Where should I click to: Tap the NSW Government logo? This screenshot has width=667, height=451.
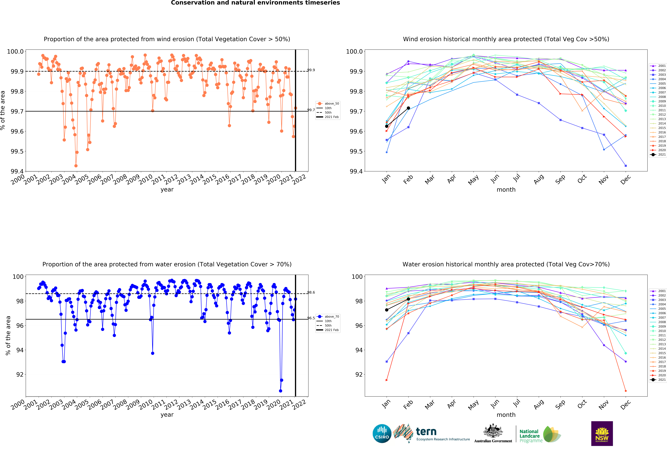(x=602, y=433)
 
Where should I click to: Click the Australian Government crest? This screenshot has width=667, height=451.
(x=493, y=431)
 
